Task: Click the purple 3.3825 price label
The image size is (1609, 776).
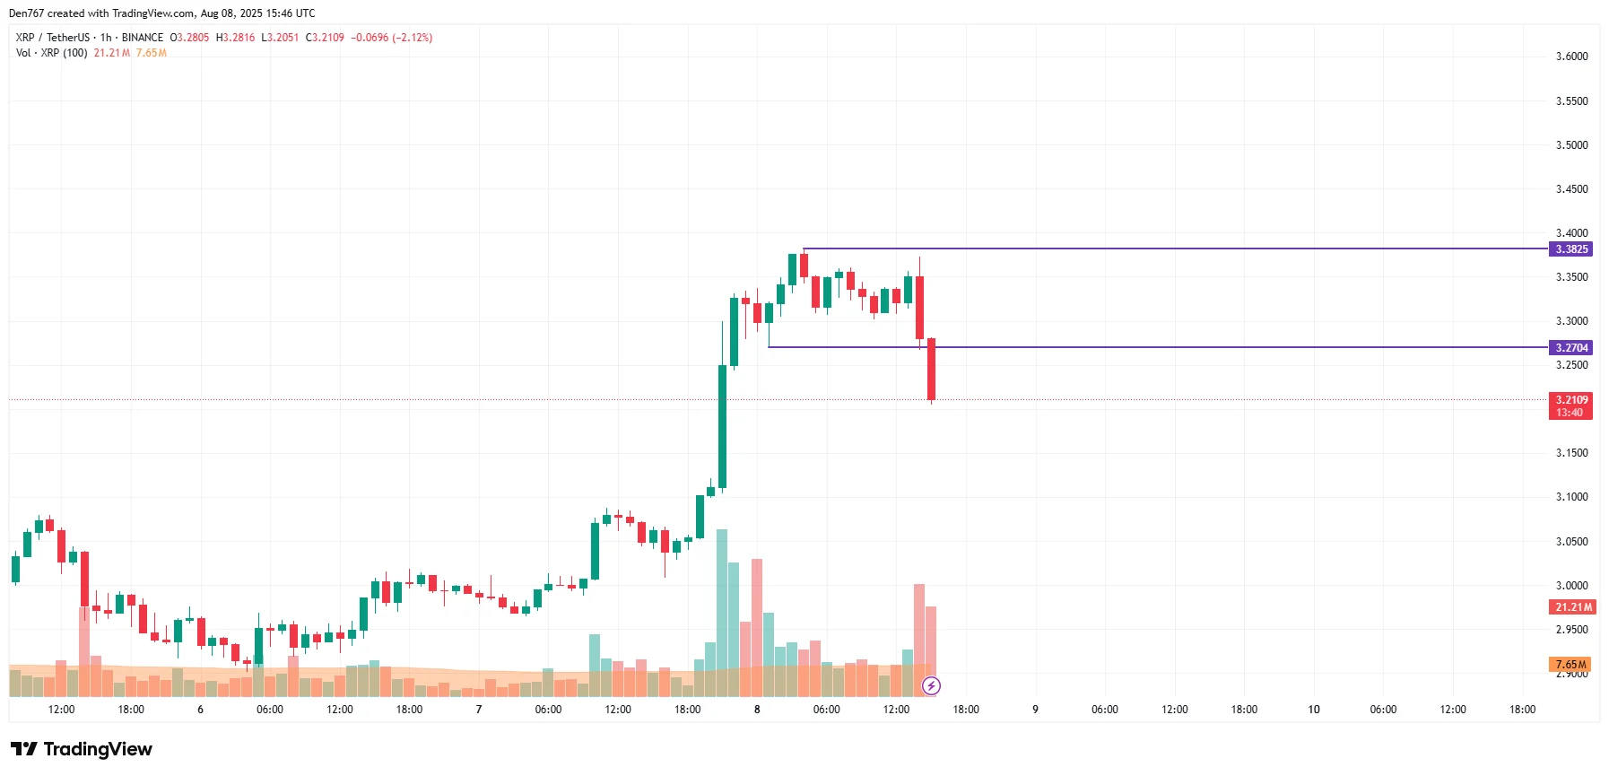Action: coord(1570,249)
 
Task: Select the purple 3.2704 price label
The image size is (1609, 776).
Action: coord(1570,348)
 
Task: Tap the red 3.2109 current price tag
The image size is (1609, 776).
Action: coord(1570,400)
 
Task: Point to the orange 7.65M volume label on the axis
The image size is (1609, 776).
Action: coord(1570,665)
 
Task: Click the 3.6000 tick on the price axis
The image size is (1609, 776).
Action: coord(1571,57)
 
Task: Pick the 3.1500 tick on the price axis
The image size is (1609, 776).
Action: coord(1571,453)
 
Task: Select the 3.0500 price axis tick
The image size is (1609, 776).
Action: coord(1571,542)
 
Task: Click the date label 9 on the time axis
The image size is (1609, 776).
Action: coord(1035,710)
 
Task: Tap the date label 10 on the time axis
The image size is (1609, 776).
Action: coord(1314,710)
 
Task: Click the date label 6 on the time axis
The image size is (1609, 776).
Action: coord(200,710)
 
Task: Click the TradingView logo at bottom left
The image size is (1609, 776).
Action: coord(82,749)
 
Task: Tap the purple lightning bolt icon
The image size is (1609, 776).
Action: coord(932,686)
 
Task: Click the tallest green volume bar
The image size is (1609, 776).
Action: coord(722,610)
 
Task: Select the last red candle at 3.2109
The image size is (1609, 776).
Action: coord(932,369)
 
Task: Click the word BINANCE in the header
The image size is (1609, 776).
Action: coord(143,38)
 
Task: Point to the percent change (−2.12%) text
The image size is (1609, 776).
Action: coord(413,38)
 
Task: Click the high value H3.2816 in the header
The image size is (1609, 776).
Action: coord(235,38)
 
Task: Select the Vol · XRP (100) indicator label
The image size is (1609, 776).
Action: coord(52,53)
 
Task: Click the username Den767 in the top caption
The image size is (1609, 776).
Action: coord(26,13)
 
